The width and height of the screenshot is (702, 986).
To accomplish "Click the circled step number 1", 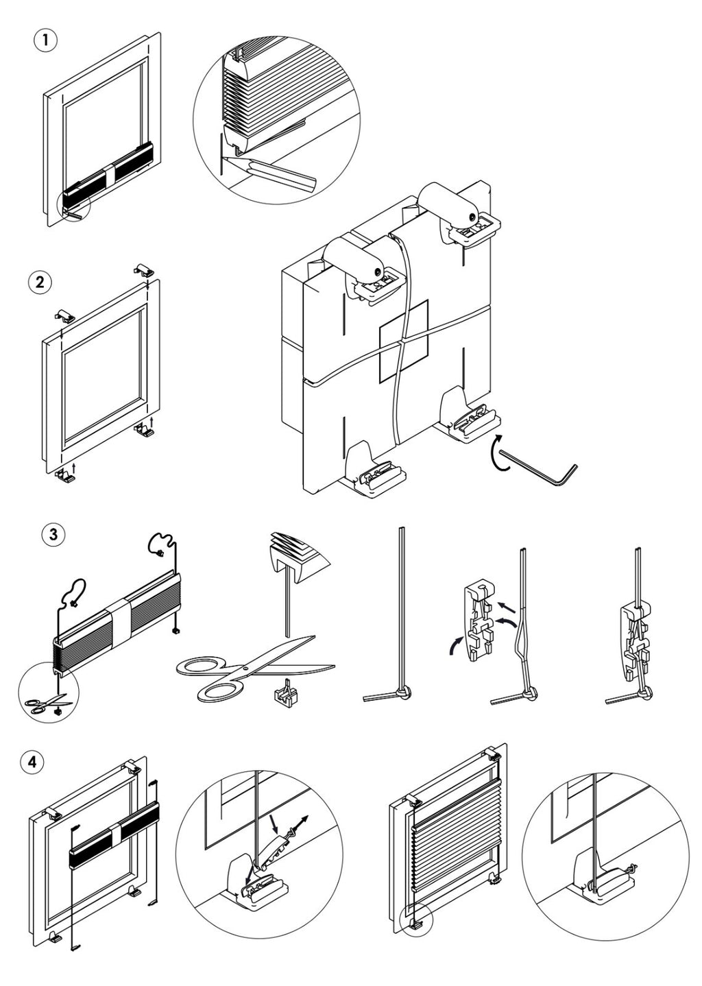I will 45,40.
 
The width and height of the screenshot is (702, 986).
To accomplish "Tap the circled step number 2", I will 40,282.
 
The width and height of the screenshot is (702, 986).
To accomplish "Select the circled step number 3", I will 53,534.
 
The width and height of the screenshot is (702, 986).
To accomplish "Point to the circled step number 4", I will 32,761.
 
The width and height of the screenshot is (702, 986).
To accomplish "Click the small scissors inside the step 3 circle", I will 45,704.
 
